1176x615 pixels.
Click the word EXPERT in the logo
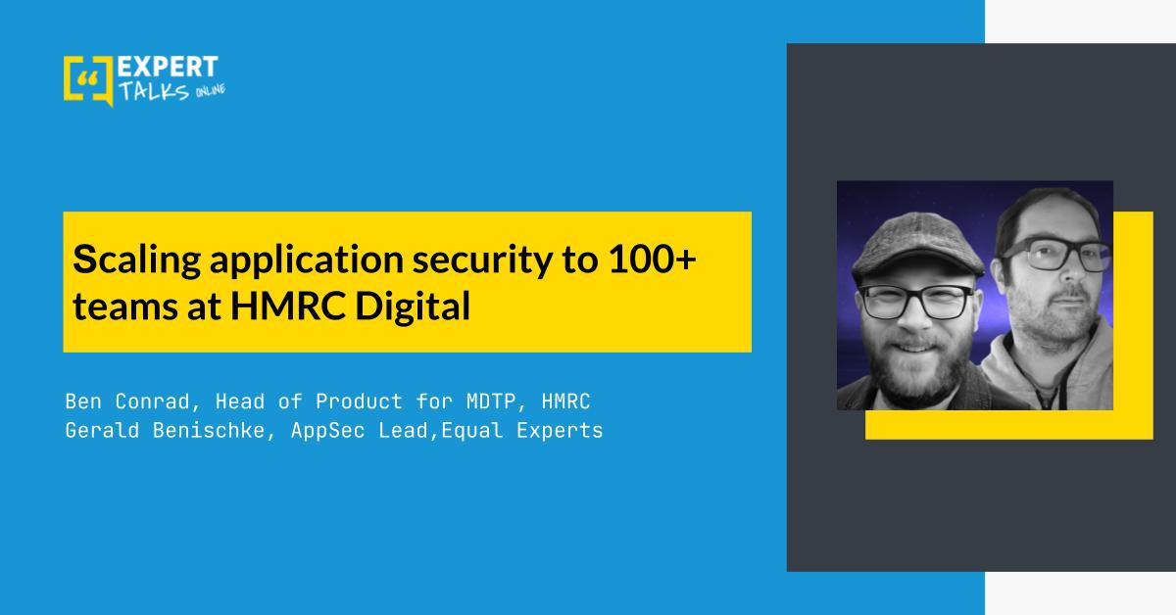168,68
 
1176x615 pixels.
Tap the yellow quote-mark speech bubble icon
87,80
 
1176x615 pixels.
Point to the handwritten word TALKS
154,91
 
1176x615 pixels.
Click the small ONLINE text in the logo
211,91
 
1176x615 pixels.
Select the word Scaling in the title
136,260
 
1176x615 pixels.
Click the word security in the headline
482,260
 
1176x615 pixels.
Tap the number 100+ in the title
652,259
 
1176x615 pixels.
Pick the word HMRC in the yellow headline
288,306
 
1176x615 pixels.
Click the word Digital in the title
413,307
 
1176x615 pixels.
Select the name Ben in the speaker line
83,402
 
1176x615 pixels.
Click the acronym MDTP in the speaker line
491,402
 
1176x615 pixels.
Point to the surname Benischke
209,430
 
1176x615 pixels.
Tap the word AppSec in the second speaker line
327,431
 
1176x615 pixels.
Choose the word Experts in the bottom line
560,431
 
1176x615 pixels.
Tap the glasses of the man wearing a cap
916,302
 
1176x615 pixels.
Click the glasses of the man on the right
1055,254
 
